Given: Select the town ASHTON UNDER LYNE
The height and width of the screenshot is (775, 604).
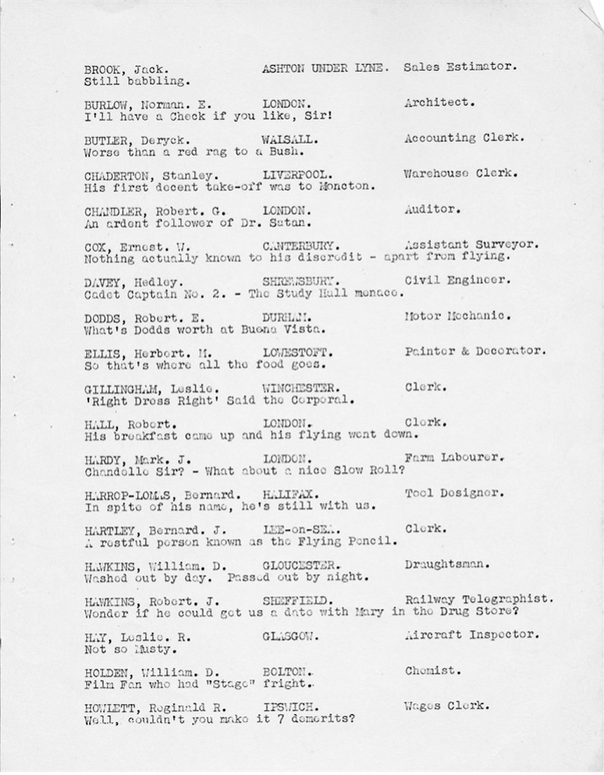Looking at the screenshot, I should (325, 67).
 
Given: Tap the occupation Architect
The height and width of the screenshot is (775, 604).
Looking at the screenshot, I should (436, 103).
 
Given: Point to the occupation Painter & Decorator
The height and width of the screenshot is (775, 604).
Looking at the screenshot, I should (475, 351).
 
